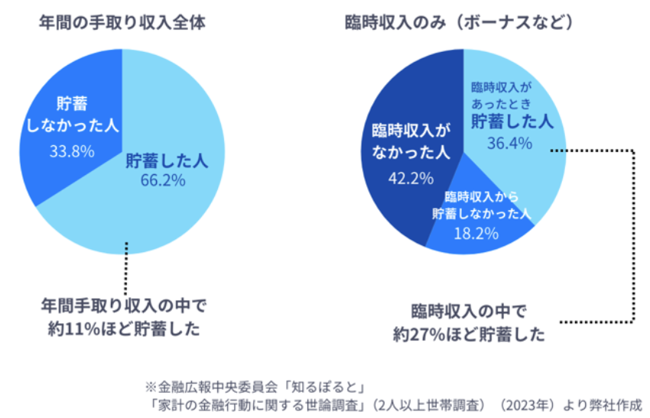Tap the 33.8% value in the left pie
pyautogui.click(x=72, y=151)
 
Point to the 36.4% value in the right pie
pyautogui.click(x=509, y=142)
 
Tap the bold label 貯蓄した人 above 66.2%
pyautogui.click(x=167, y=160)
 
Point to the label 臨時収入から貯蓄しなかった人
pyautogui.click(x=482, y=205)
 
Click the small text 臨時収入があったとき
pyautogui.click(x=507, y=93)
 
